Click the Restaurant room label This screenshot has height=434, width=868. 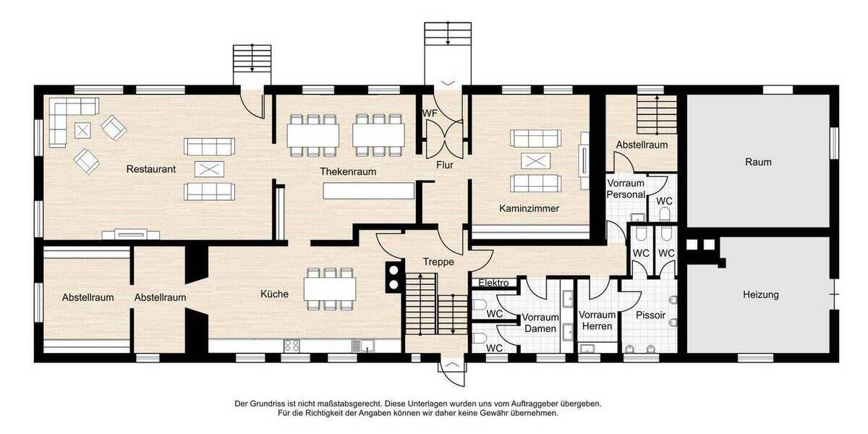151,169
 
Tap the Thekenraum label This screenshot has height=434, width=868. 349,172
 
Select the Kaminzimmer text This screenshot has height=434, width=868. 529,208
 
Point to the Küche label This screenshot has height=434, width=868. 275,294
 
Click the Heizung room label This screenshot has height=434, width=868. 760,295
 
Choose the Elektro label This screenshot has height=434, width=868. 493,283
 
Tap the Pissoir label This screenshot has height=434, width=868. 650,315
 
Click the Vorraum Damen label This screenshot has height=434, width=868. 540,323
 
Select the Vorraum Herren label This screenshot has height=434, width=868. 597,320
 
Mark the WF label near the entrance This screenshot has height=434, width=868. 430,114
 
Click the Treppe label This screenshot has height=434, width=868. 439,262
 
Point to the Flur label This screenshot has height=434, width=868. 444,165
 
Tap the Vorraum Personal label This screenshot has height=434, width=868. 626,189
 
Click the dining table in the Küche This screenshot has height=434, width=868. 330,289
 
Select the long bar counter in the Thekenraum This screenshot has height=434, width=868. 368,191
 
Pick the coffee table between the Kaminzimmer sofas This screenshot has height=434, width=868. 535,161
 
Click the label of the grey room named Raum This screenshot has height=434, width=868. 758,162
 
